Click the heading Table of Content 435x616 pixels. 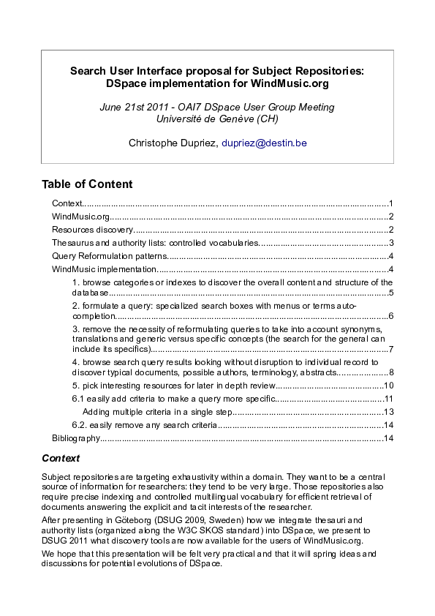[x=87, y=184]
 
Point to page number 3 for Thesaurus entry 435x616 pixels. [x=392, y=243]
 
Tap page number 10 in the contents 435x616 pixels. [x=389, y=386]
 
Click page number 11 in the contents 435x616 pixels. [x=389, y=399]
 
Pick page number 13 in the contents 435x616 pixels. [x=389, y=412]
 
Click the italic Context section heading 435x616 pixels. [x=61, y=459]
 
